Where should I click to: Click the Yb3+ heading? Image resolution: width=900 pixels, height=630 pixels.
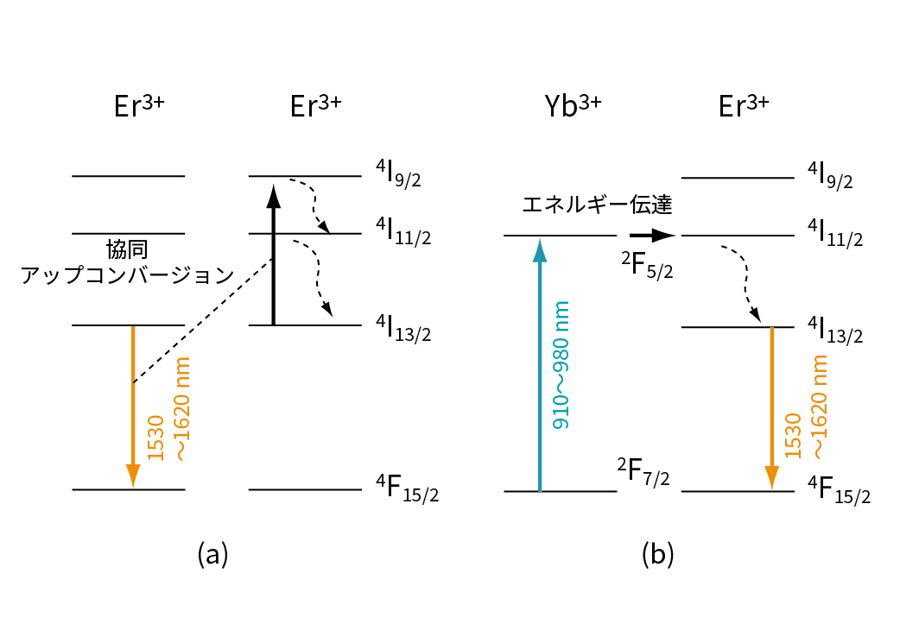tap(573, 106)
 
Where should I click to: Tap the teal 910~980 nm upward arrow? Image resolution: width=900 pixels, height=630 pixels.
tap(540, 362)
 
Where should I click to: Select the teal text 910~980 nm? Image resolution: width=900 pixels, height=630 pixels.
tap(561, 366)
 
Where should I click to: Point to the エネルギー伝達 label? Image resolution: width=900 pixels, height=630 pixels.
tap(597, 205)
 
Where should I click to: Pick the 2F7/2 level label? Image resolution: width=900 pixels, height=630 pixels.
tap(643, 473)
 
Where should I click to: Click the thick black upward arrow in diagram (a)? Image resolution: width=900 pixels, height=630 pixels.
tap(274, 259)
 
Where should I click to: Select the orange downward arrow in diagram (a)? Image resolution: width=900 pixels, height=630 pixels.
tap(133, 406)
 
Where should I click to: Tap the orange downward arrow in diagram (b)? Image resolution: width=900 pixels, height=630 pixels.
tap(771, 406)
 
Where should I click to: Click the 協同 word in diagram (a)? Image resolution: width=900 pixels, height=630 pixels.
tap(127, 250)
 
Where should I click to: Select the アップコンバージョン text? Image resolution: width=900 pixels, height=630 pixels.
tap(127, 275)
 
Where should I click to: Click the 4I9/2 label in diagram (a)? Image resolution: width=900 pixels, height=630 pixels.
tap(397, 176)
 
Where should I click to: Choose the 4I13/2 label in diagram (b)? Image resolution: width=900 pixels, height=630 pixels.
tap(834, 329)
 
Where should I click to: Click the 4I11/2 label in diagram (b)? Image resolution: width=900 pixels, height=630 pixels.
tap(834, 235)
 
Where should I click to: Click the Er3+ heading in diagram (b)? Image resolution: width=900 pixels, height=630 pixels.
tap(744, 106)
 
